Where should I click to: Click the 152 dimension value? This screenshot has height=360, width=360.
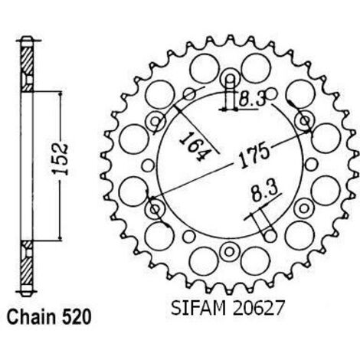pyautogui.click(x=60, y=159)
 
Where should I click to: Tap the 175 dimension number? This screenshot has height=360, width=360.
pyautogui.click(x=254, y=156)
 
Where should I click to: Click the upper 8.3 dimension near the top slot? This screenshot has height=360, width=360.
pyautogui.click(x=252, y=99)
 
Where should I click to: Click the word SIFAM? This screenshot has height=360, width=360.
pyautogui.click(x=198, y=308)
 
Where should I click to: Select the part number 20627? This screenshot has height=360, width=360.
pyautogui.click(x=258, y=308)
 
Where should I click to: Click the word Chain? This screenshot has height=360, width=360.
pyautogui.click(x=31, y=317)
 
